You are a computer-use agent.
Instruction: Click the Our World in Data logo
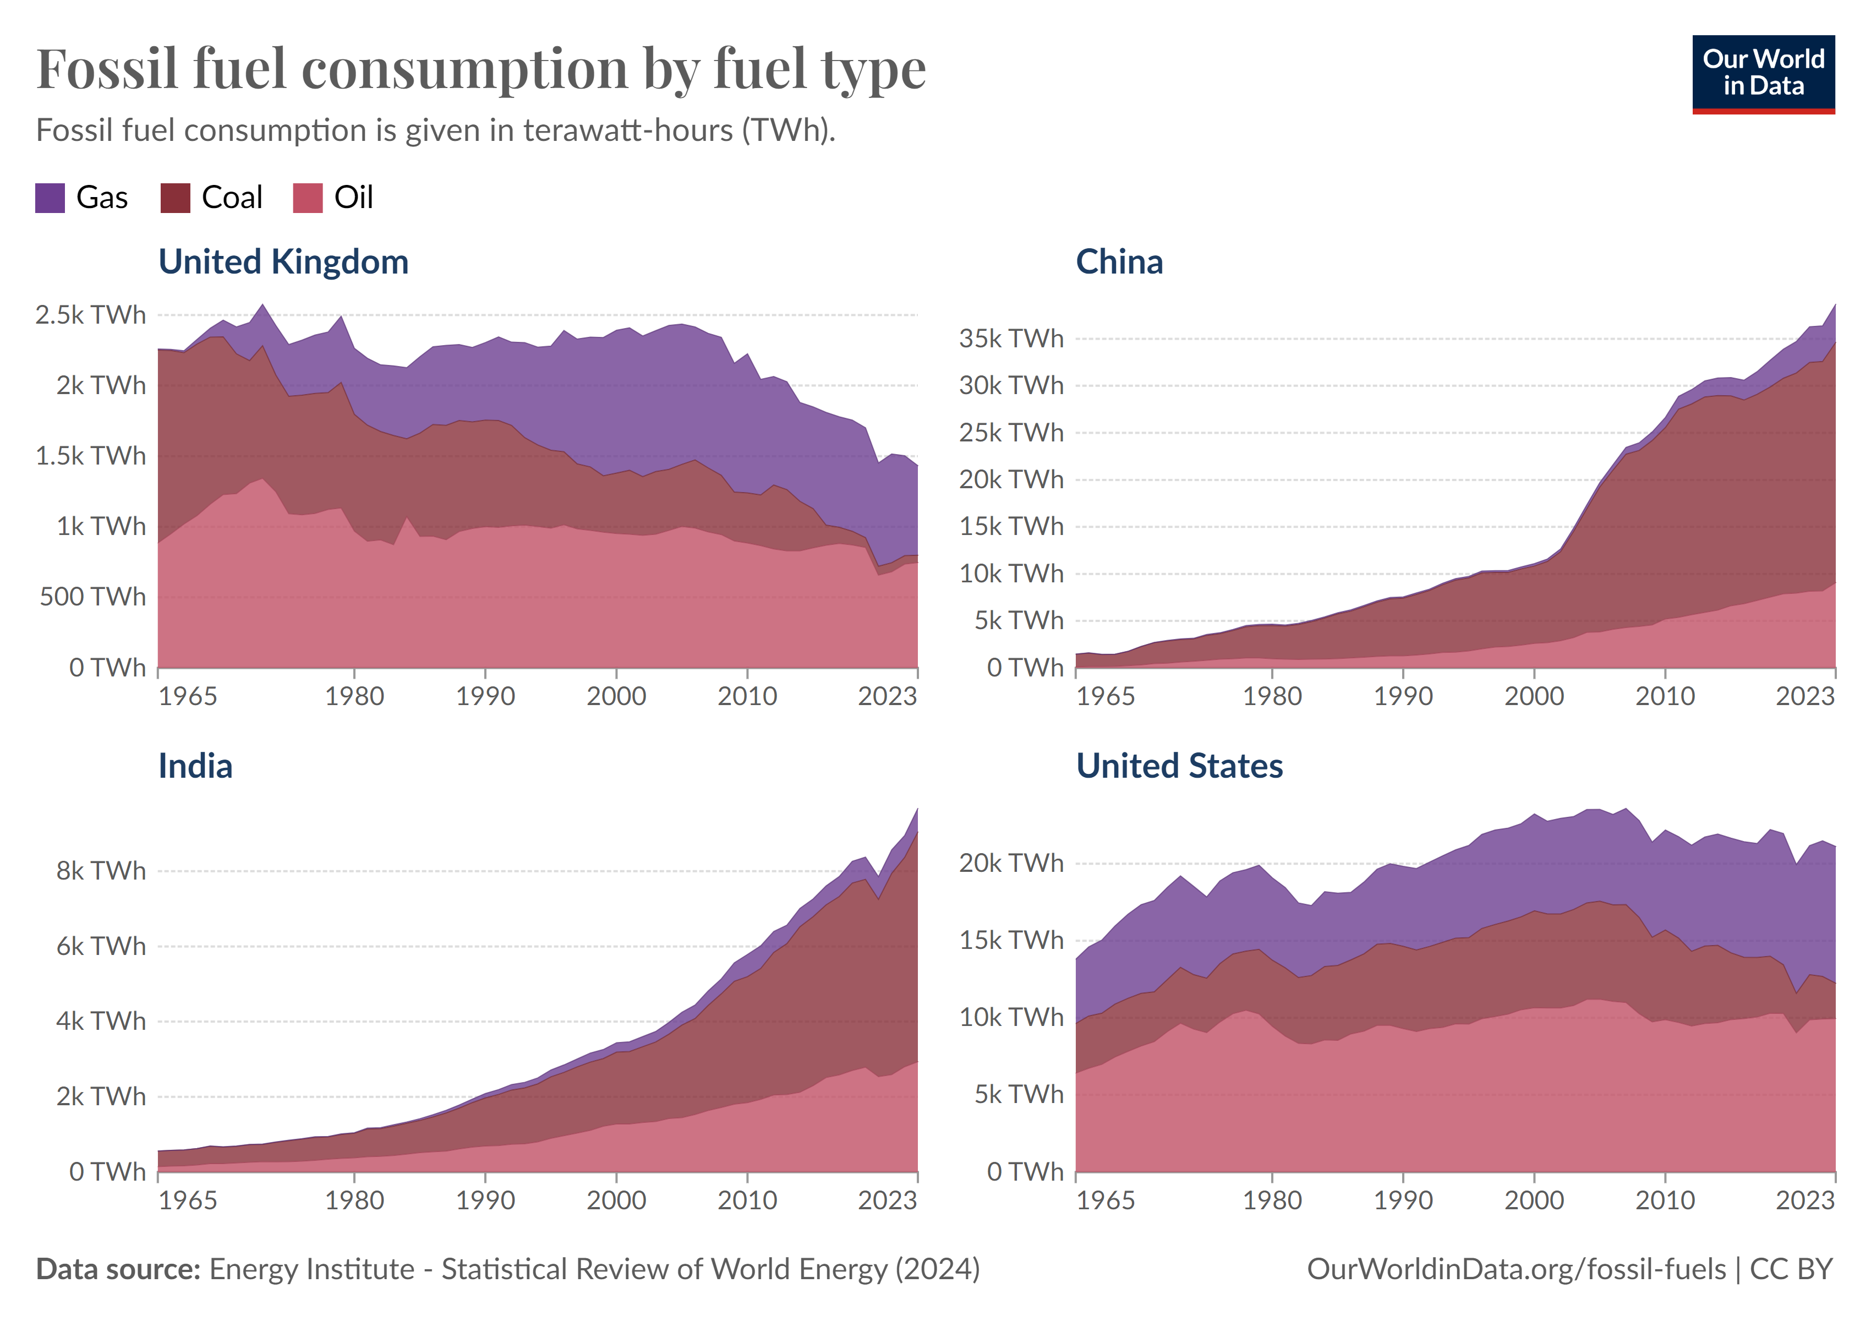pos(1763,73)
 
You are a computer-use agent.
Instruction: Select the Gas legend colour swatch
pos(50,198)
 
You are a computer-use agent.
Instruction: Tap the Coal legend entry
pos(232,198)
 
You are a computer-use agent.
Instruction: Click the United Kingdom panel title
pos(283,263)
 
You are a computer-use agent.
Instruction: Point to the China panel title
pos(1119,263)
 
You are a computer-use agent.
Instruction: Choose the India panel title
pos(195,766)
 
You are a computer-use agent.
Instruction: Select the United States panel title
pos(1179,766)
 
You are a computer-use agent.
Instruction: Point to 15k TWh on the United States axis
pos(1010,941)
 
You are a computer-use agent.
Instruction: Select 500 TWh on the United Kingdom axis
pos(92,597)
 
